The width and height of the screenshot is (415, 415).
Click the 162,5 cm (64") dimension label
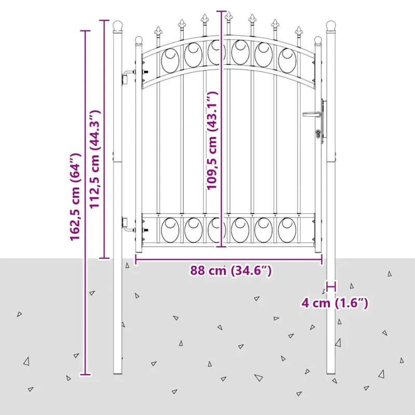[x=75, y=197]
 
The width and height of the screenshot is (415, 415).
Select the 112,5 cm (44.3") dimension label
[x=94, y=159]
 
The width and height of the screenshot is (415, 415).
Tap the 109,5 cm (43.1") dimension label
[x=212, y=141]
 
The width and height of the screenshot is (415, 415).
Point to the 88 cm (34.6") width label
[x=231, y=270]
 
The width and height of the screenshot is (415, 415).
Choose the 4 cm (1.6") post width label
[x=335, y=303]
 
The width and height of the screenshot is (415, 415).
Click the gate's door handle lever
[x=312, y=114]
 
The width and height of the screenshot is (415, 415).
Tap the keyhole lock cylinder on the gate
[x=318, y=133]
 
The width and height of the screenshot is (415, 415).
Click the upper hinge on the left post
[x=128, y=76]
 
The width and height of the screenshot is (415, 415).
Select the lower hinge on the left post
[x=128, y=225]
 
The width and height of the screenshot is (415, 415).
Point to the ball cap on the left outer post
[x=118, y=25]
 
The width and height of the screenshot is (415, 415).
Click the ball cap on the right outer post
[x=331, y=25]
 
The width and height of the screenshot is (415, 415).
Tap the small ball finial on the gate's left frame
[x=139, y=40]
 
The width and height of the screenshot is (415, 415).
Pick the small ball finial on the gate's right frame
[x=318, y=40]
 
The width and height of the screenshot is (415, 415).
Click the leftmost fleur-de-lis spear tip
[x=158, y=31]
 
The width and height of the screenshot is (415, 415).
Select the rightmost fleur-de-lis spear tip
[x=299, y=31]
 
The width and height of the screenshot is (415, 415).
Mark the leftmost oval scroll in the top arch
[x=170, y=61]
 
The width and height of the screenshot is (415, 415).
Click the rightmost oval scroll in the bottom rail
[x=287, y=230]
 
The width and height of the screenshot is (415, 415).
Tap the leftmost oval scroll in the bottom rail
[x=170, y=230]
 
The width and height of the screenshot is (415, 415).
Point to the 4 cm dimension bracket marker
[x=331, y=286]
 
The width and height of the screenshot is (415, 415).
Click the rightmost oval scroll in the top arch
[x=287, y=61]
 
